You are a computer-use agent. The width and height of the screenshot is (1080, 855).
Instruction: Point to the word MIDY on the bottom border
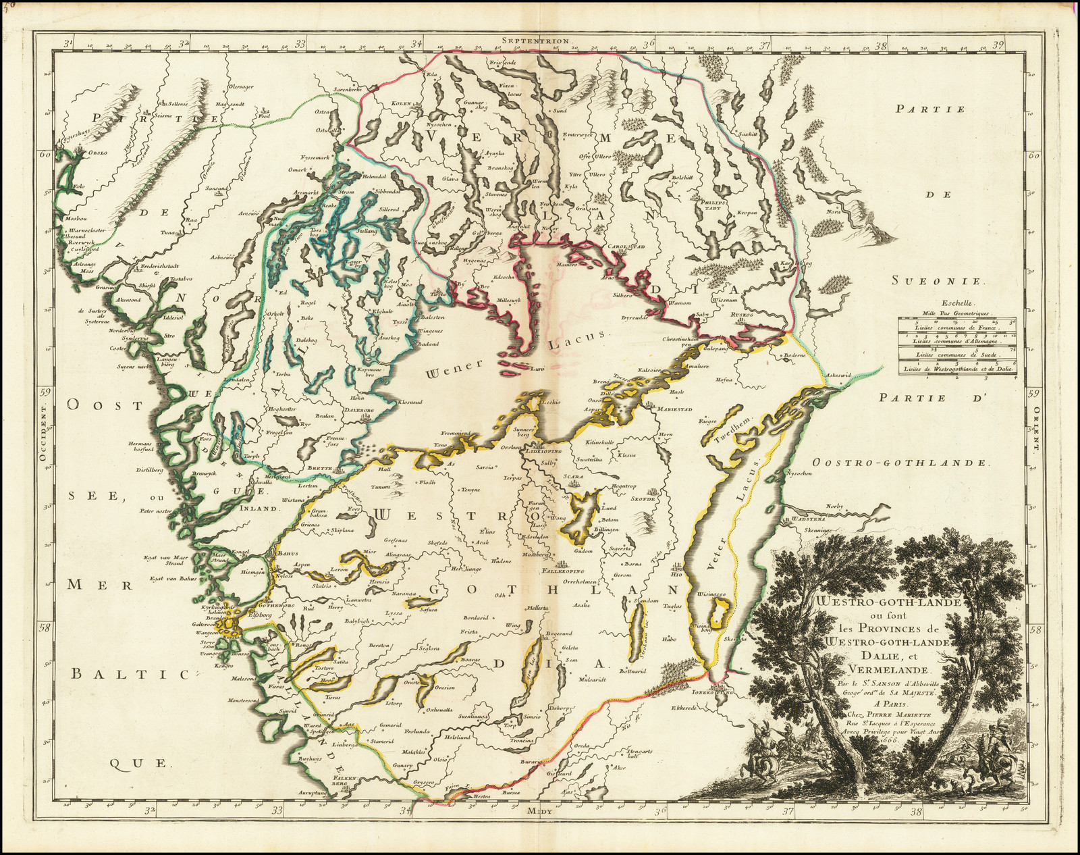(x=541, y=811)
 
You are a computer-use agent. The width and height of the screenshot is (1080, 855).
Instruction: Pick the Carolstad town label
(x=626, y=247)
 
